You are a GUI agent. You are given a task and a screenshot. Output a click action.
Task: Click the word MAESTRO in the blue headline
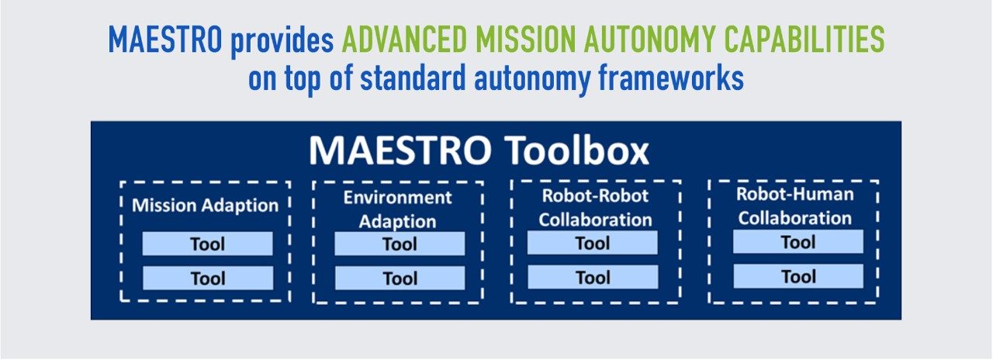tap(165, 40)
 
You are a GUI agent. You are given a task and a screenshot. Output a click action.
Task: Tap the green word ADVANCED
tap(404, 40)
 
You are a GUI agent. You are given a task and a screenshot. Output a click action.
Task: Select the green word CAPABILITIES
tap(804, 40)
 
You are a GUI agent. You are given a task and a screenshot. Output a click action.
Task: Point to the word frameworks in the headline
tap(671, 78)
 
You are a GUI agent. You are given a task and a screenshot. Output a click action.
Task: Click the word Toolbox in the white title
tap(576, 151)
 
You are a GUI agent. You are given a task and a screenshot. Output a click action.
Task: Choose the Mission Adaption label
tap(206, 206)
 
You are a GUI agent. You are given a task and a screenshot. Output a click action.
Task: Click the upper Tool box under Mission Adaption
tap(207, 244)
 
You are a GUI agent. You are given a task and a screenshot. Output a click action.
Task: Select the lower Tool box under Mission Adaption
tap(208, 278)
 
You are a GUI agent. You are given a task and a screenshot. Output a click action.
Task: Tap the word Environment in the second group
tap(398, 197)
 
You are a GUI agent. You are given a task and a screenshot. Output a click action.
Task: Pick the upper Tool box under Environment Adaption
tap(400, 244)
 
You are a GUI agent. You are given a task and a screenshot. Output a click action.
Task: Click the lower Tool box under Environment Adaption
tap(400, 278)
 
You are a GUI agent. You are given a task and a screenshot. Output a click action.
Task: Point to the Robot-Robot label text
tap(595, 196)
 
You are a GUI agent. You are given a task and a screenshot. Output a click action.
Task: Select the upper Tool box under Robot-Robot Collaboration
tap(592, 243)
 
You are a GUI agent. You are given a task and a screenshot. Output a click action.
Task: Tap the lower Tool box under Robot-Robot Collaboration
tap(593, 277)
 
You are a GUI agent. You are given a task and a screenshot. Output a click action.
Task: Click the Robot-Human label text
tap(795, 194)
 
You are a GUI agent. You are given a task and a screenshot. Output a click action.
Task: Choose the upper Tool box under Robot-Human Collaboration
tap(798, 241)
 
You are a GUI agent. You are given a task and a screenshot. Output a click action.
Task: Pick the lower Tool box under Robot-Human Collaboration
tap(798, 276)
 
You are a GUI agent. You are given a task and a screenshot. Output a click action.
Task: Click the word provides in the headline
tap(282, 41)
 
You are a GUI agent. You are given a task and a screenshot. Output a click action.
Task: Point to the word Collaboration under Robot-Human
tap(795, 218)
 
